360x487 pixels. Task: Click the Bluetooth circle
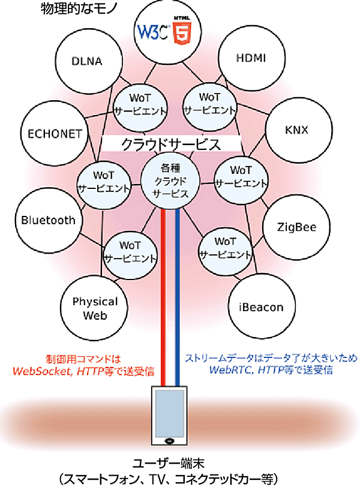48,220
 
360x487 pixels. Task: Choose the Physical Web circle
94,308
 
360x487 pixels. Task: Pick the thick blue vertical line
178,300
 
